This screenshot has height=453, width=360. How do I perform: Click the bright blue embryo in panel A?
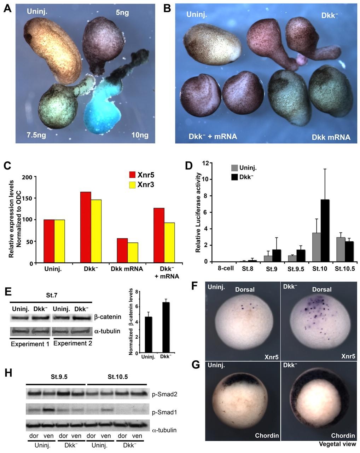101,106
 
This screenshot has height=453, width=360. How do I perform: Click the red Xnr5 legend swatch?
132,174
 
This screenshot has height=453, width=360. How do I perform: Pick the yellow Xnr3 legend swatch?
132,184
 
